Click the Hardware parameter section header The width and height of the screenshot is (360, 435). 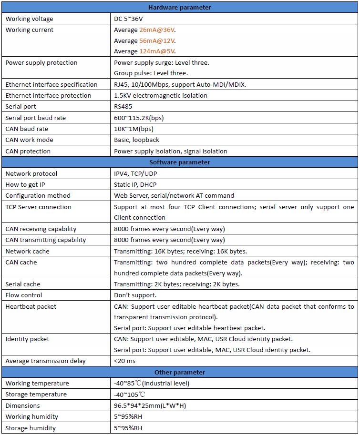[180, 7]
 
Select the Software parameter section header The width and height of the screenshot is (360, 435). [180, 162]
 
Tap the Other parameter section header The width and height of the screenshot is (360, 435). [180, 372]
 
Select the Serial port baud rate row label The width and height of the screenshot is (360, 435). [36, 118]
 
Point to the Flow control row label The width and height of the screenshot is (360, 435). [24, 295]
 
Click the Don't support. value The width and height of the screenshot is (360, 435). [135, 295]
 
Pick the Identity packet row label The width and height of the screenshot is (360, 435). [27, 339]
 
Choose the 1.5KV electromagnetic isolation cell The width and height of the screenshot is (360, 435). [161, 96]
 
